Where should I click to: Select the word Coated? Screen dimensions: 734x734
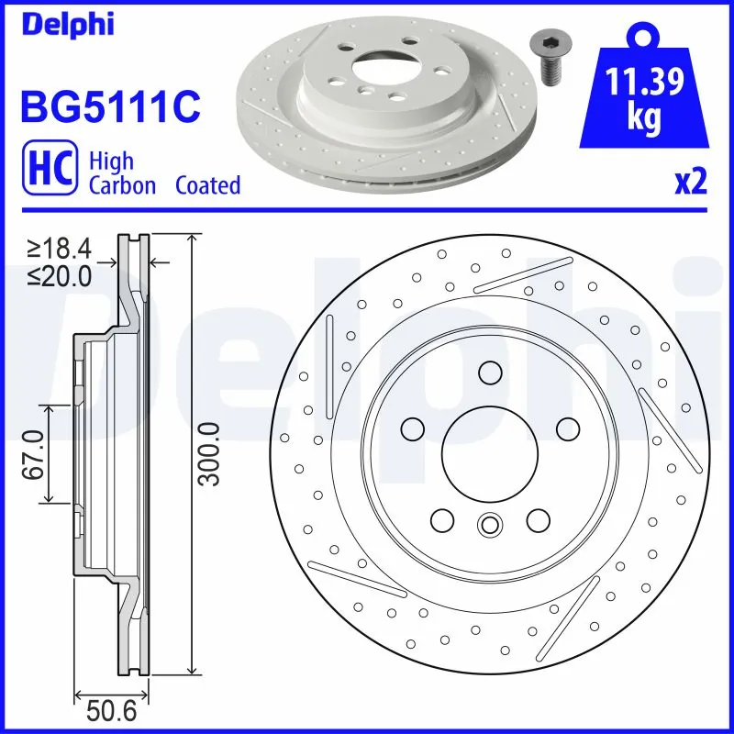[x=208, y=185]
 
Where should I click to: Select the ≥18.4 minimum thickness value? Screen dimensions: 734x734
[x=60, y=249]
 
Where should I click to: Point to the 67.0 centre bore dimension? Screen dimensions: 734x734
[x=35, y=453]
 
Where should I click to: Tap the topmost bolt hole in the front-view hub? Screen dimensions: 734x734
[x=490, y=373]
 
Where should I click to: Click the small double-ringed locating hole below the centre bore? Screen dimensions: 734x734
[x=490, y=525]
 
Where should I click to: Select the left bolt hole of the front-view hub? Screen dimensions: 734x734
[x=412, y=428]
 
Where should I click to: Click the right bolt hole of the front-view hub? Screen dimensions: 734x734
[x=568, y=428]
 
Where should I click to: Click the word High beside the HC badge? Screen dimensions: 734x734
[x=111, y=161]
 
